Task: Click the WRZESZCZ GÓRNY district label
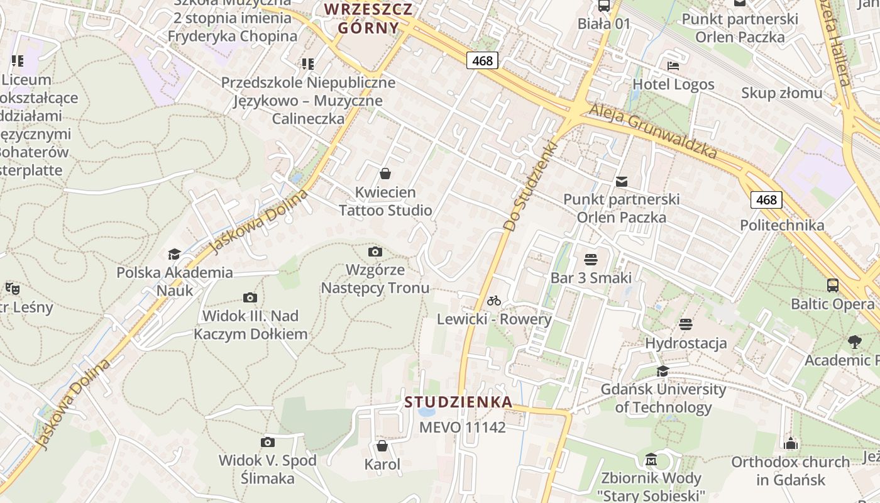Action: (x=368, y=18)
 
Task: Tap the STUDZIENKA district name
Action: (x=458, y=402)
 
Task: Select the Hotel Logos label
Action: (x=673, y=84)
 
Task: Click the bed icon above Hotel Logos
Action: (x=673, y=65)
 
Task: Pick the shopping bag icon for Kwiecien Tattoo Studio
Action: (x=385, y=174)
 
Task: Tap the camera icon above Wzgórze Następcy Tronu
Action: (x=375, y=252)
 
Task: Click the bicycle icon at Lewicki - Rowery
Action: (x=494, y=301)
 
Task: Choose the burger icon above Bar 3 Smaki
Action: (x=590, y=259)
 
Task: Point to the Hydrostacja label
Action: (x=686, y=343)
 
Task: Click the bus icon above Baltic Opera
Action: (x=833, y=285)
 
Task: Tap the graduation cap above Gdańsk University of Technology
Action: (x=663, y=371)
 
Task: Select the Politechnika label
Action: (x=782, y=225)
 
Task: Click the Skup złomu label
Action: (x=781, y=93)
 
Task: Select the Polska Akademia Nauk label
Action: (x=174, y=281)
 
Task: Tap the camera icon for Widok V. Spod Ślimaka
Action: (x=268, y=443)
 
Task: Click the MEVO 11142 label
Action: (x=462, y=428)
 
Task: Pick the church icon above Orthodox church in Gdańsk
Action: (x=791, y=444)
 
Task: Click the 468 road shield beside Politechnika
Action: (x=766, y=200)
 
